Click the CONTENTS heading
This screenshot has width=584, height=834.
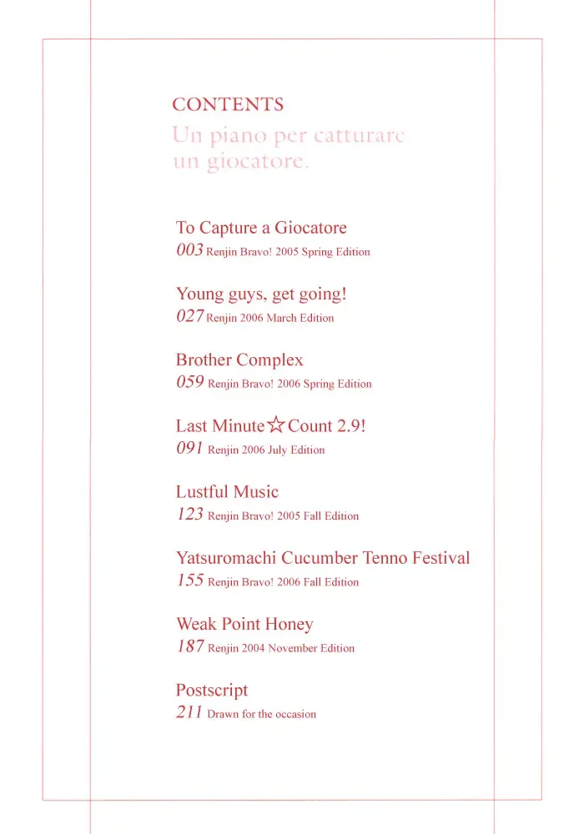click(x=228, y=105)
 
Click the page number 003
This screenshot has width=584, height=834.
click(x=189, y=250)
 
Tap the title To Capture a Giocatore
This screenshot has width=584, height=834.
click(x=261, y=228)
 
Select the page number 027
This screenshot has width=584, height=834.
click(x=189, y=316)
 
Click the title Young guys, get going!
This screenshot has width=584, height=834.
click(x=261, y=294)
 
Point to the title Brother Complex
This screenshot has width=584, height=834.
click(x=239, y=359)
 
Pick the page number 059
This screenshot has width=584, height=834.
click(x=189, y=383)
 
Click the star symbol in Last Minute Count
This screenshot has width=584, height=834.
click(x=276, y=426)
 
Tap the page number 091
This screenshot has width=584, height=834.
click(x=189, y=449)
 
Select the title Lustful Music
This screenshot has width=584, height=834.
click(x=227, y=492)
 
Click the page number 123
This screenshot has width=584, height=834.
click(x=189, y=515)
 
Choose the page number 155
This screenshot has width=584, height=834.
click(x=189, y=580)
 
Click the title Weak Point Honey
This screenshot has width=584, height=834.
click(x=244, y=624)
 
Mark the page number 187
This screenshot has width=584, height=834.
click(x=189, y=646)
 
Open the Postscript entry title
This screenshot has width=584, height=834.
click(x=212, y=691)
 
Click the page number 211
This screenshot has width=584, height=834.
click(x=189, y=713)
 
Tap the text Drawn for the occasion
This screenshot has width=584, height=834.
click(x=262, y=714)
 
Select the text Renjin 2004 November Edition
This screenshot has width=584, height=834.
click(x=281, y=648)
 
